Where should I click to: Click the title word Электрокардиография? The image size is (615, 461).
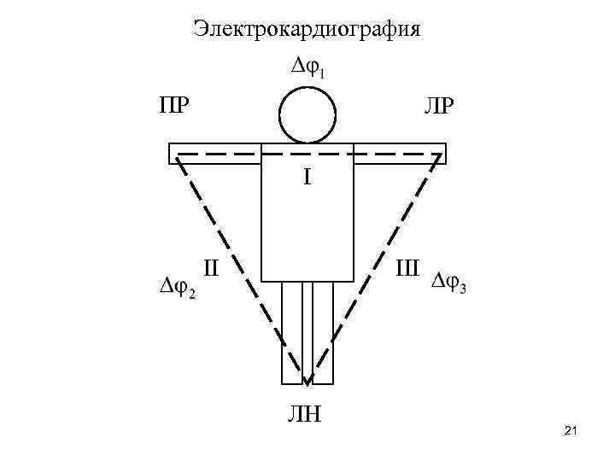pyautogui.click(x=307, y=30)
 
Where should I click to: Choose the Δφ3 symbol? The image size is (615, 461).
pyautogui.click(x=449, y=283)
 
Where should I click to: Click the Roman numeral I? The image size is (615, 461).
pyautogui.click(x=307, y=178)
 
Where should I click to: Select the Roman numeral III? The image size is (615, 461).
pyautogui.click(x=407, y=269)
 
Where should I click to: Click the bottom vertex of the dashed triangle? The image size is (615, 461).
pyautogui.click(x=307, y=382)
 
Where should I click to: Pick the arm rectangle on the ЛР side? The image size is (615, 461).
pyautogui.click(x=400, y=154)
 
